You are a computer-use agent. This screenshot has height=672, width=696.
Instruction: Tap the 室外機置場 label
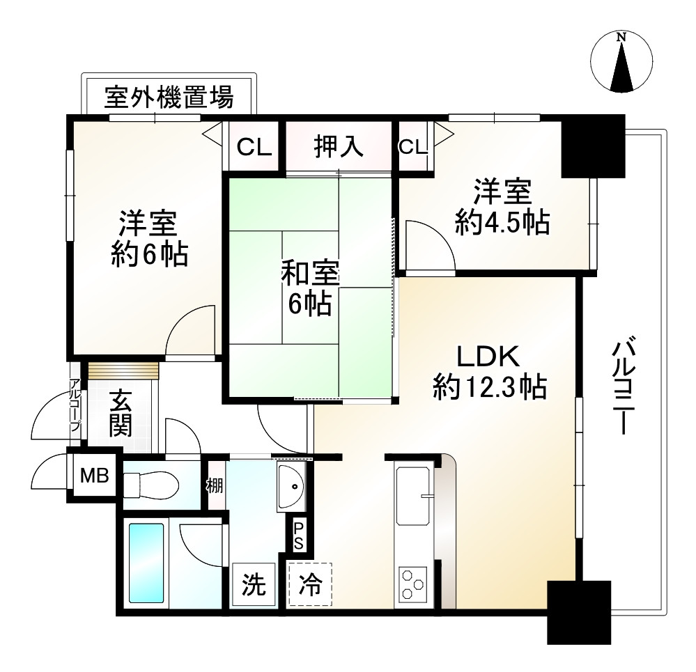(x=169, y=96)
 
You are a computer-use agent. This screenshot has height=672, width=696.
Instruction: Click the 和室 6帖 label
(x=309, y=288)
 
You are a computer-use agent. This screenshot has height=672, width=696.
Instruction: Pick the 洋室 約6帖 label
(x=148, y=239)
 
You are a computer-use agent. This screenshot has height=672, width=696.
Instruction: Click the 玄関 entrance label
(x=121, y=414)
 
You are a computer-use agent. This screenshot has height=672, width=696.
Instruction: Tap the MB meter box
(x=94, y=476)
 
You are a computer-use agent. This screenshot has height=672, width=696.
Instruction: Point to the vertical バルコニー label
(x=621, y=386)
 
